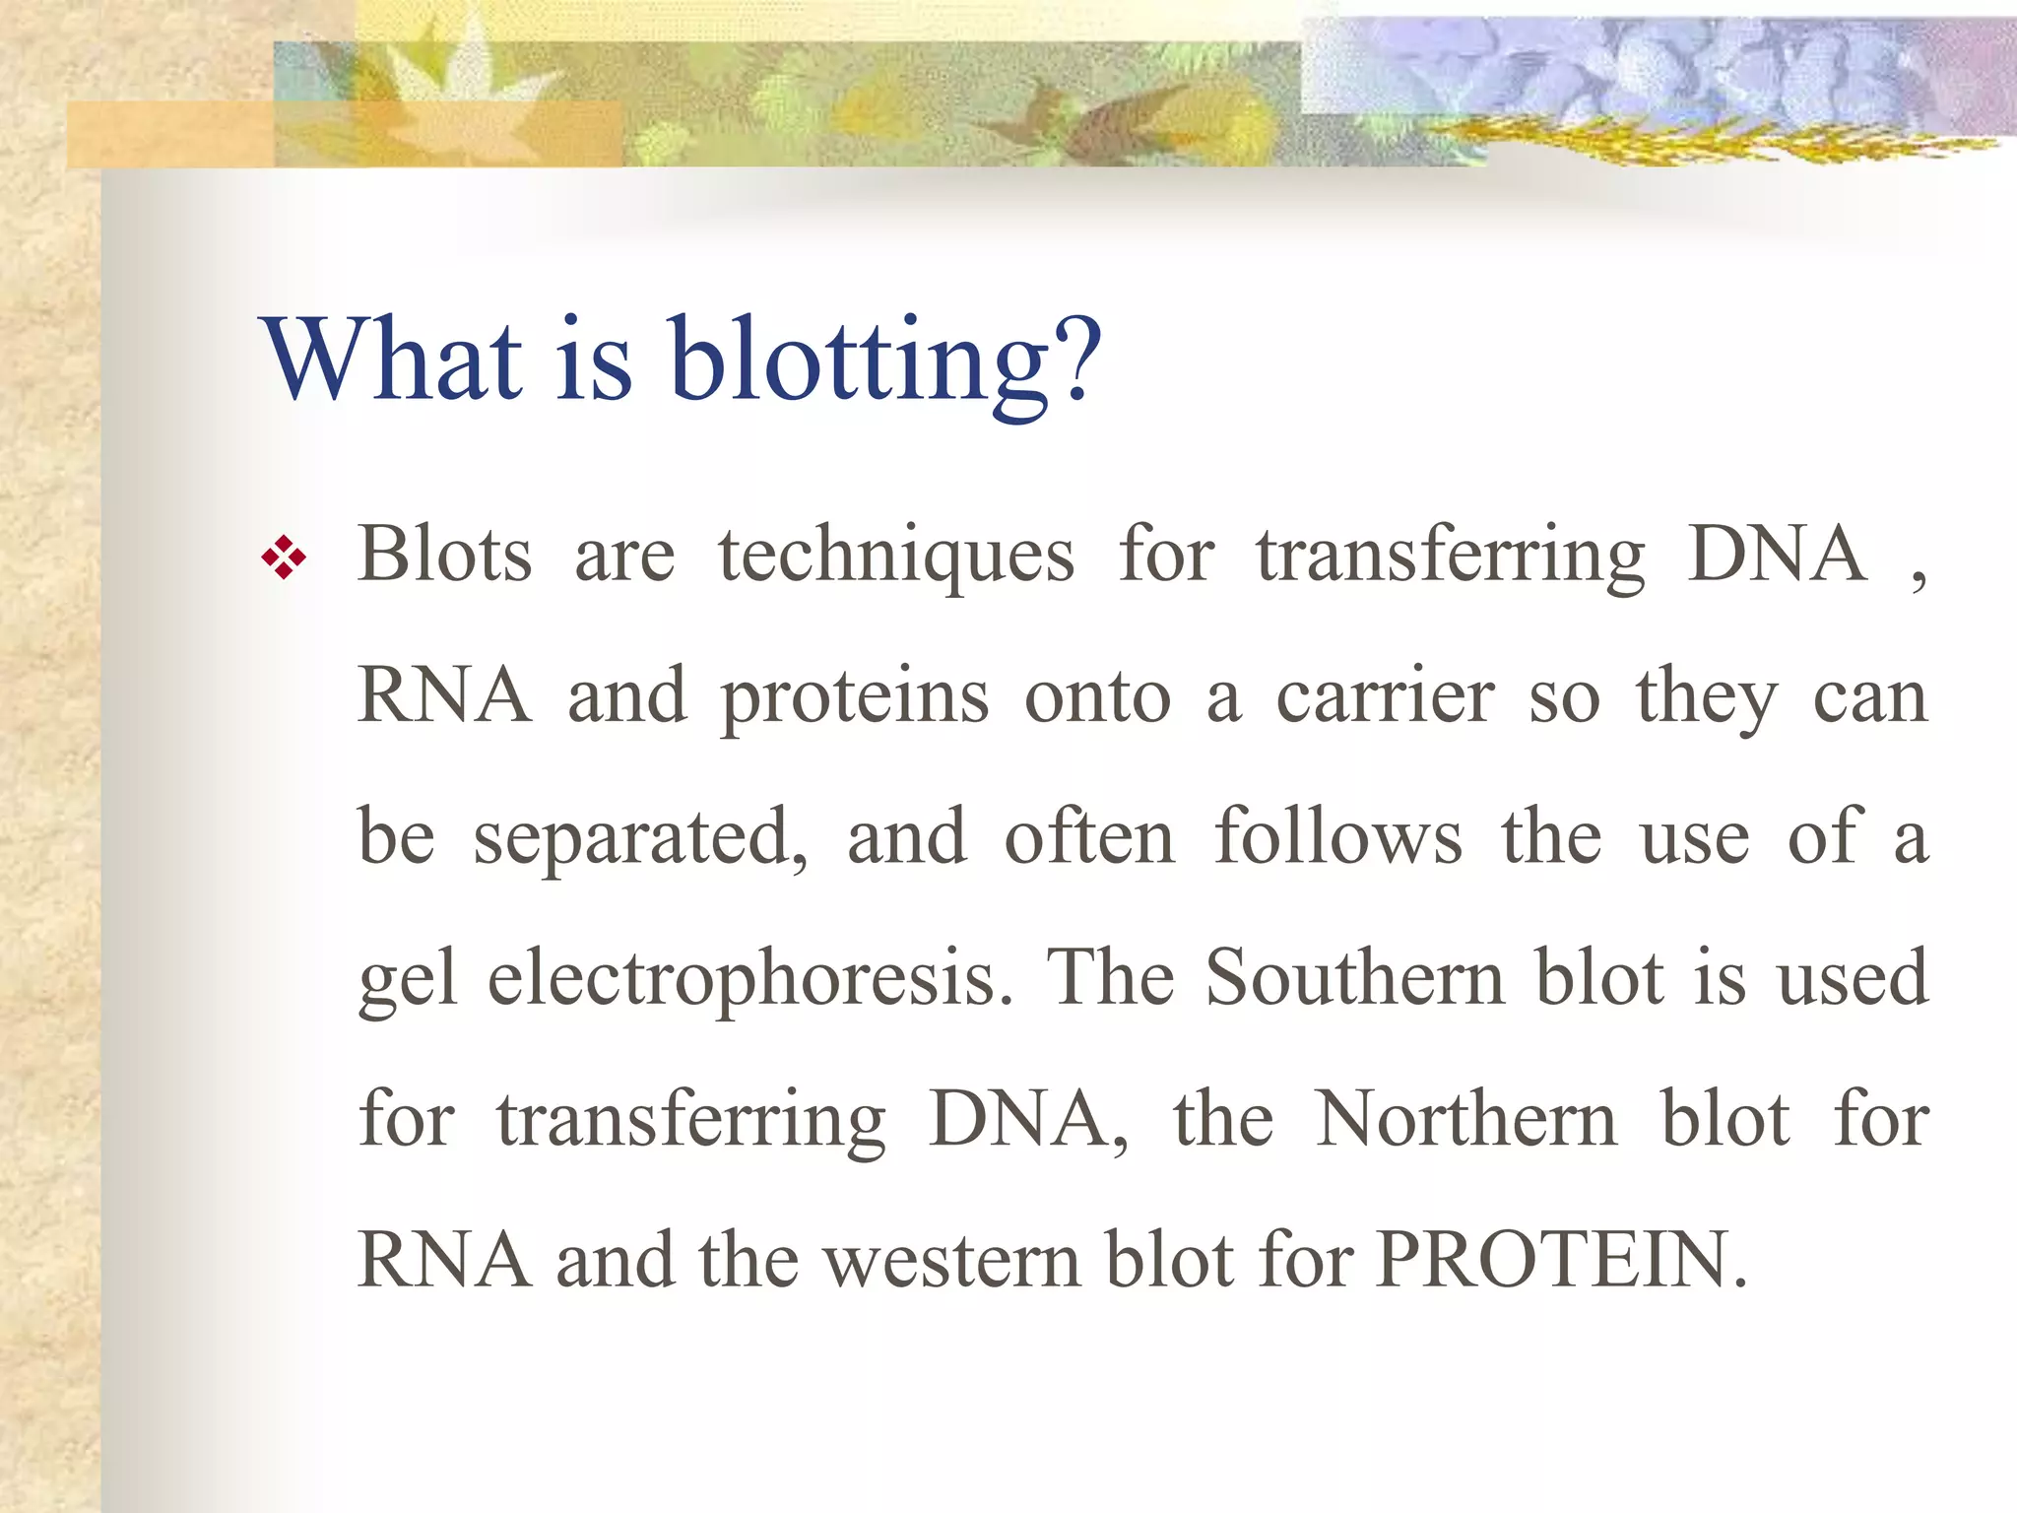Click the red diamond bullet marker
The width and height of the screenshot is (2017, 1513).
[x=284, y=558]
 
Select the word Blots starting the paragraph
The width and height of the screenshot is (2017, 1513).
[x=444, y=555]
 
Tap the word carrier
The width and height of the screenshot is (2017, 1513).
[x=1385, y=697]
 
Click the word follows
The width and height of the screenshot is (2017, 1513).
[x=1337, y=837]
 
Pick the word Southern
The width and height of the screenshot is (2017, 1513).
[x=1355, y=977]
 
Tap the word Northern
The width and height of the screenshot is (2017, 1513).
[x=1466, y=1119]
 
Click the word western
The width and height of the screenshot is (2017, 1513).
[x=952, y=1261]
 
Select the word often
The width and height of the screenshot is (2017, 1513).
[x=1089, y=837]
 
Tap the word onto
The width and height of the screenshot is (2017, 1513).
[x=1097, y=697]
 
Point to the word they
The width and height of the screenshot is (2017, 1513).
[x=1706, y=697]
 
